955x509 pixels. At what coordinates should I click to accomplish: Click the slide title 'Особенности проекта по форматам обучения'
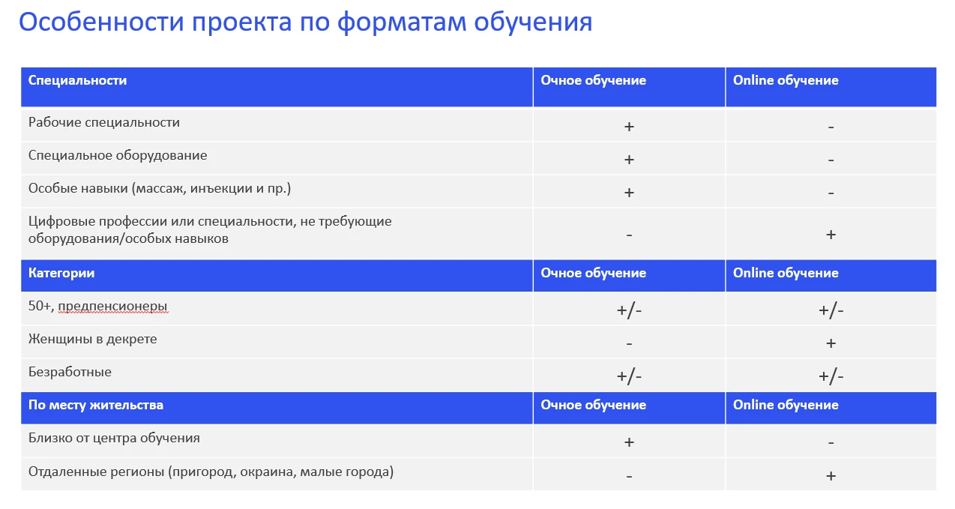click(305, 22)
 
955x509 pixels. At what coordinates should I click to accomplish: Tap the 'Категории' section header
click(61, 273)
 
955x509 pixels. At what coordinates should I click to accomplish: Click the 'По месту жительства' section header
click(96, 405)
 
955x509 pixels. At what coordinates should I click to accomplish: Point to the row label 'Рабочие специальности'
click(104, 122)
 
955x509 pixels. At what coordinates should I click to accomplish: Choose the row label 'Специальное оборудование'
click(118, 155)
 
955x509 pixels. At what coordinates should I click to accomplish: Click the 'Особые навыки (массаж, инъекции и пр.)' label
click(160, 188)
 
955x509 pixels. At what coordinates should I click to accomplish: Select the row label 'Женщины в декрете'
click(92, 339)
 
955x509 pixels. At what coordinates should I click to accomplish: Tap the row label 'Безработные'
click(70, 372)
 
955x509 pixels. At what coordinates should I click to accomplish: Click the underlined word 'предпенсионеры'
click(112, 307)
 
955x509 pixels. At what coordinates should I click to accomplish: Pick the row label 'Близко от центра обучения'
click(114, 438)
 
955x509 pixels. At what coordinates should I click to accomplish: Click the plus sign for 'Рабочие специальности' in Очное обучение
click(629, 127)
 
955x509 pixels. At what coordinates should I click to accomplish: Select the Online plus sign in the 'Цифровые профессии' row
click(831, 235)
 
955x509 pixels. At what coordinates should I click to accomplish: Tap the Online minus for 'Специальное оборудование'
click(831, 160)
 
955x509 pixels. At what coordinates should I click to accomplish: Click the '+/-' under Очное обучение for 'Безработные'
click(629, 376)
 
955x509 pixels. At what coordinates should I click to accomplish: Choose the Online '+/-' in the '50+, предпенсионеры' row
click(831, 310)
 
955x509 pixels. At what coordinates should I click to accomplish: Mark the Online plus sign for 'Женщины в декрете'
click(831, 343)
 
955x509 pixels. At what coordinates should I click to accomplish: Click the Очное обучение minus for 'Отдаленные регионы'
click(629, 477)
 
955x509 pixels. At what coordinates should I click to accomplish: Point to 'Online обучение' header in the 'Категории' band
click(786, 273)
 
